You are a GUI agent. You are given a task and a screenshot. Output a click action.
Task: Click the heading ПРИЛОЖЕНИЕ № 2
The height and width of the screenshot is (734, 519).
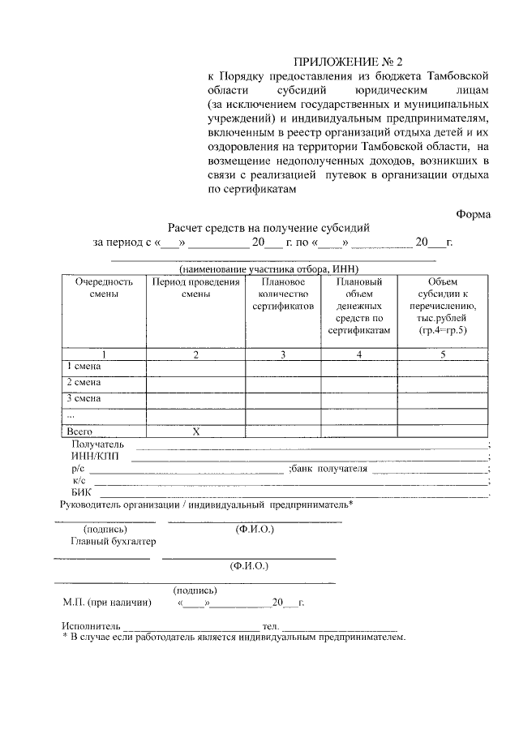[347, 62]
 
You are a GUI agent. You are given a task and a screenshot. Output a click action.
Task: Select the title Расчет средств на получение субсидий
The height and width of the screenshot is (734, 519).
[268, 230]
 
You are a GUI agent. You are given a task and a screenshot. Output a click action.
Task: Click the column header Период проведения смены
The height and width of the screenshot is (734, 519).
[195, 288]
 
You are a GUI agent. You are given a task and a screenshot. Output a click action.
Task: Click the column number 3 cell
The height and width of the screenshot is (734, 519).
[282, 354]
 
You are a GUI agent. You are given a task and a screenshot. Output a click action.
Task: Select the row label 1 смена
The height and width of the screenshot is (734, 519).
[84, 367]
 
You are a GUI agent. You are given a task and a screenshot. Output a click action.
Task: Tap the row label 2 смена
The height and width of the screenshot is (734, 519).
[84, 382]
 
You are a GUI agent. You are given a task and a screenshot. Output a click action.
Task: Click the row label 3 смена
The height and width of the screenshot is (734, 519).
[84, 398]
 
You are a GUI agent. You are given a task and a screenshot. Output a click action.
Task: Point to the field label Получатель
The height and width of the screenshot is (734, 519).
[97, 444]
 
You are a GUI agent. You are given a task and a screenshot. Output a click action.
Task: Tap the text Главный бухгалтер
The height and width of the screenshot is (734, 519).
[113, 541]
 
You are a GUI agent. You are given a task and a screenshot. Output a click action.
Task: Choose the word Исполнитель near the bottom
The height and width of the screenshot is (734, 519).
[91, 627]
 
